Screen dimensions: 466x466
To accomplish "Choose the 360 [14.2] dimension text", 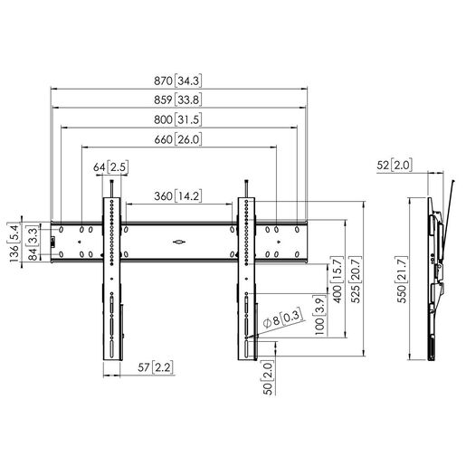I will (176, 195).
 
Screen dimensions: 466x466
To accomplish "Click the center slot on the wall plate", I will (177, 242).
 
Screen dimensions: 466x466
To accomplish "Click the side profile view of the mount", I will (437, 271).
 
